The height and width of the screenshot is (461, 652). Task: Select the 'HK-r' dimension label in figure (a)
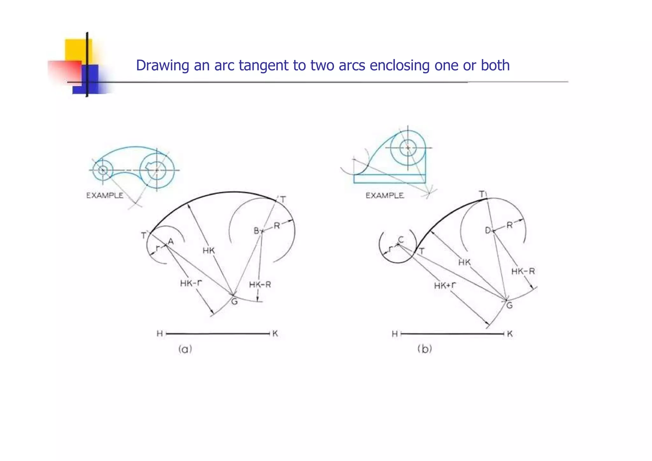pyautogui.click(x=191, y=283)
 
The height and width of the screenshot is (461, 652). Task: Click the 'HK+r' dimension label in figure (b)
pyautogui.click(x=445, y=285)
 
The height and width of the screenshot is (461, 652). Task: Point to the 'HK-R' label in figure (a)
pyautogui.click(x=260, y=285)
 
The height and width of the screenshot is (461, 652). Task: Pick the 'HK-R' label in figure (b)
pyautogui.click(x=523, y=271)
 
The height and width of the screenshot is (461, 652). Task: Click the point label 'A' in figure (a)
pyautogui.click(x=171, y=242)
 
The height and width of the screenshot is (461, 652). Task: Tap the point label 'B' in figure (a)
pyautogui.click(x=257, y=231)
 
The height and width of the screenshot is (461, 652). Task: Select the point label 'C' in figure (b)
pyautogui.click(x=401, y=240)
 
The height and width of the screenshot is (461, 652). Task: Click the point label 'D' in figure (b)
pyautogui.click(x=488, y=230)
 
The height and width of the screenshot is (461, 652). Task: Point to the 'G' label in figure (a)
pyautogui.click(x=234, y=301)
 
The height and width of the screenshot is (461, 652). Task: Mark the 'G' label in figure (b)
pyautogui.click(x=509, y=306)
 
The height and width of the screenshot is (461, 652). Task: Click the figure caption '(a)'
pyautogui.click(x=185, y=349)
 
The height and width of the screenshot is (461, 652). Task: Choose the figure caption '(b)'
pyautogui.click(x=425, y=349)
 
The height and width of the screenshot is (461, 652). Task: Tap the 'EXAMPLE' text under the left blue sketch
pyautogui.click(x=105, y=195)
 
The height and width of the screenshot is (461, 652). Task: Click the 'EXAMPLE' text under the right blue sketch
pyautogui.click(x=385, y=195)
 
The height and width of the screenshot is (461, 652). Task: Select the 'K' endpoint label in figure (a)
pyautogui.click(x=275, y=334)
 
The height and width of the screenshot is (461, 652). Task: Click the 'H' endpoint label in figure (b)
pyautogui.click(x=395, y=334)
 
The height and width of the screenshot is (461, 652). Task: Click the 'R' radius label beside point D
pyautogui.click(x=510, y=225)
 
